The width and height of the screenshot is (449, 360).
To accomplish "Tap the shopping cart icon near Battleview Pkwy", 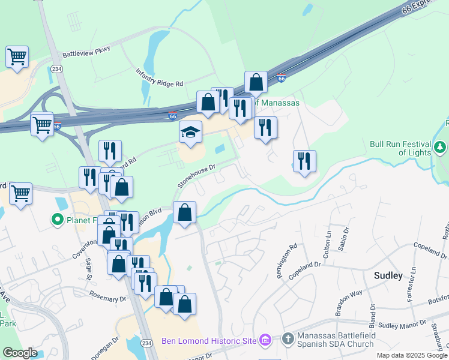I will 17,58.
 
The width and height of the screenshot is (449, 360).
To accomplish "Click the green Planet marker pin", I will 58,220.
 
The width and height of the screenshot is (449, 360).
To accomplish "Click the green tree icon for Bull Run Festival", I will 440,147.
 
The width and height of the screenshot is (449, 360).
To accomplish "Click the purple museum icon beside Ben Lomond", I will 265,341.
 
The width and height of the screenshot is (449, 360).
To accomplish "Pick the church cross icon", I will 287,340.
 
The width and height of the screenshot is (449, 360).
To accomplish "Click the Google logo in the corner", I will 20,353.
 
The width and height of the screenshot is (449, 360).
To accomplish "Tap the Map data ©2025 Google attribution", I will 412,355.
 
